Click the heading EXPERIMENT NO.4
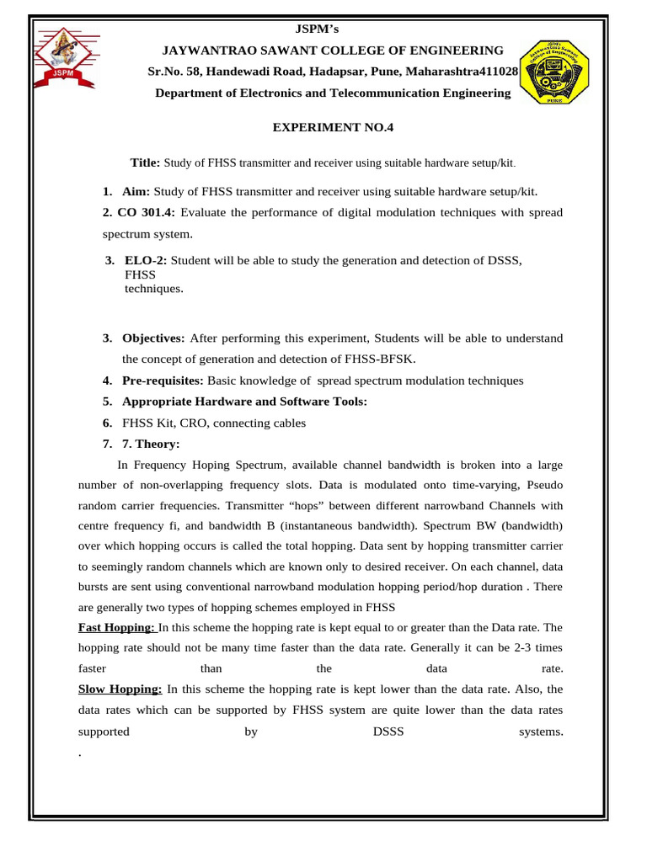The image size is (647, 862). pos(333,128)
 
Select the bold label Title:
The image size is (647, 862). pos(145,162)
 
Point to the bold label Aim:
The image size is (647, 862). pos(136,192)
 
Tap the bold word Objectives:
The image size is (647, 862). pos(153,338)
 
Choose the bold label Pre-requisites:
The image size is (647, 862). pos(163,380)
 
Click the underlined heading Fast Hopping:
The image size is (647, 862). pos(116,627)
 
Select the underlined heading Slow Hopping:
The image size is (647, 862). pos(120,689)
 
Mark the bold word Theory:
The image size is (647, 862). pos(163,444)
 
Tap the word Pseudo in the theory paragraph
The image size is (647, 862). pos(545,485)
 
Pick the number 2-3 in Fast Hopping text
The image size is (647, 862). pos(512,647)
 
